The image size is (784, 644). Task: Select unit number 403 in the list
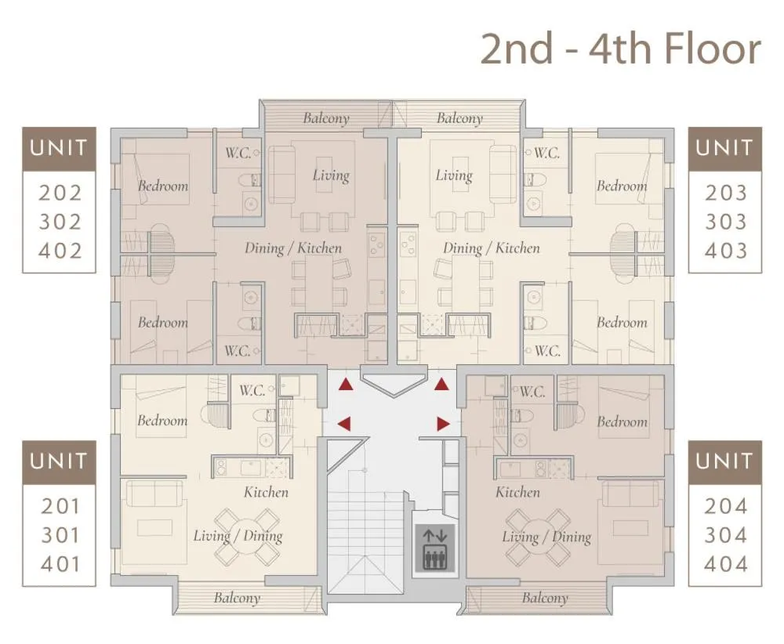tap(725, 251)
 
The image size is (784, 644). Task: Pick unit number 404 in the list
tap(725, 564)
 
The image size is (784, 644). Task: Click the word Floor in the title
tap(712, 49)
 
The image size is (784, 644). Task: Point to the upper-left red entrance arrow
tap(345, 384)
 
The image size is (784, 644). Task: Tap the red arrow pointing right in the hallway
tap(443, 424)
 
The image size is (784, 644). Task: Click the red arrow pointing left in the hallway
tap(343, 424)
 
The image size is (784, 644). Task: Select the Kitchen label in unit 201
tap(266, 492)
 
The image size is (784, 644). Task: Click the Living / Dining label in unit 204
tap(546, 537)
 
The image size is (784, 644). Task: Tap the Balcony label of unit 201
tap(236, 598)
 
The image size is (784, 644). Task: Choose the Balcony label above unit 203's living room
tap(459, 118)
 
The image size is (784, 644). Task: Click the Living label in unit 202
tap(331, 175)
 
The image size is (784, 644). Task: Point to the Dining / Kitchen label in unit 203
tap(491, 248)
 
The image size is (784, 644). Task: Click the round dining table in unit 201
tap(248, 537)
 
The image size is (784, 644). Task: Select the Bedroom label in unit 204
tap(622, 421)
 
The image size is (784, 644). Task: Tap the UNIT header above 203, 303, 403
tap(725, 148)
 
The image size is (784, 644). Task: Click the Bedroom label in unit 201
tap(162, 421)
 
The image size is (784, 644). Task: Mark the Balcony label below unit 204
tap(544, 598)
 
